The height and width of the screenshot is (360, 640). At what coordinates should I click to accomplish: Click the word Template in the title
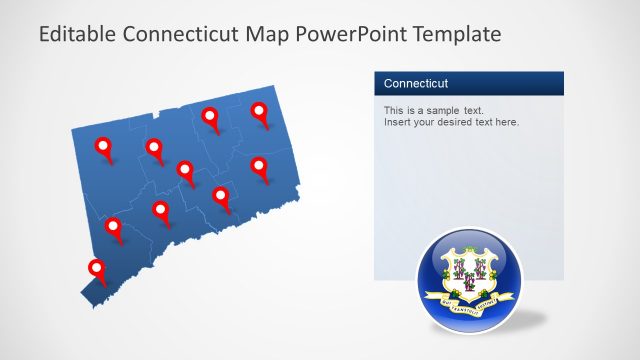[457, 35]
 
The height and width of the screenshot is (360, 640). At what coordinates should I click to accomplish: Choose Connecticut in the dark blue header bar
[416, 83]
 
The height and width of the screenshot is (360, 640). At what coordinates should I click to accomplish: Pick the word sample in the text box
[439, 110]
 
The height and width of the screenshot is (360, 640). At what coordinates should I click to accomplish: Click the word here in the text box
[506, 122]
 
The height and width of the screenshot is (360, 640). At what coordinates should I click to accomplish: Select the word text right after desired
[487, 122]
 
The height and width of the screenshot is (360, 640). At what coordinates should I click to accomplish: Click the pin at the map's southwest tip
[97, 268]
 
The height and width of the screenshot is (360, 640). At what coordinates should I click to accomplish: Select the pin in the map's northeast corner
[260, 112]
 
